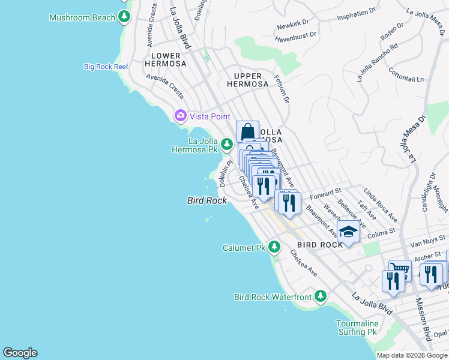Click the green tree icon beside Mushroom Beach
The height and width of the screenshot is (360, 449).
click(124, 17)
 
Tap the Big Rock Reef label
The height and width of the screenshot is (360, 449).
click(106, 67)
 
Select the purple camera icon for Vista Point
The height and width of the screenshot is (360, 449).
click(179, 116)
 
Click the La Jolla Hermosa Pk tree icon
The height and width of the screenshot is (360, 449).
click(226, 144)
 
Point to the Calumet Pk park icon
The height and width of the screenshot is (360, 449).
click(274, 247)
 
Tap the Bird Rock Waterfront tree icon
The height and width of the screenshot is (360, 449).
click(321, 296)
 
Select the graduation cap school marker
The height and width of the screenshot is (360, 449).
click(348, 231)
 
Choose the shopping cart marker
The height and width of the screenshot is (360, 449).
click(399, 269)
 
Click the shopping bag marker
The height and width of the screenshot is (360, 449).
click(247, 131)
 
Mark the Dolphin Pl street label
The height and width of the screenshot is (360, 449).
click(225, 172)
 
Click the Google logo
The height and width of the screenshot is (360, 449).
click(20, 353)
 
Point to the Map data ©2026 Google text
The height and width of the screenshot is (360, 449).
click(411, 355)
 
